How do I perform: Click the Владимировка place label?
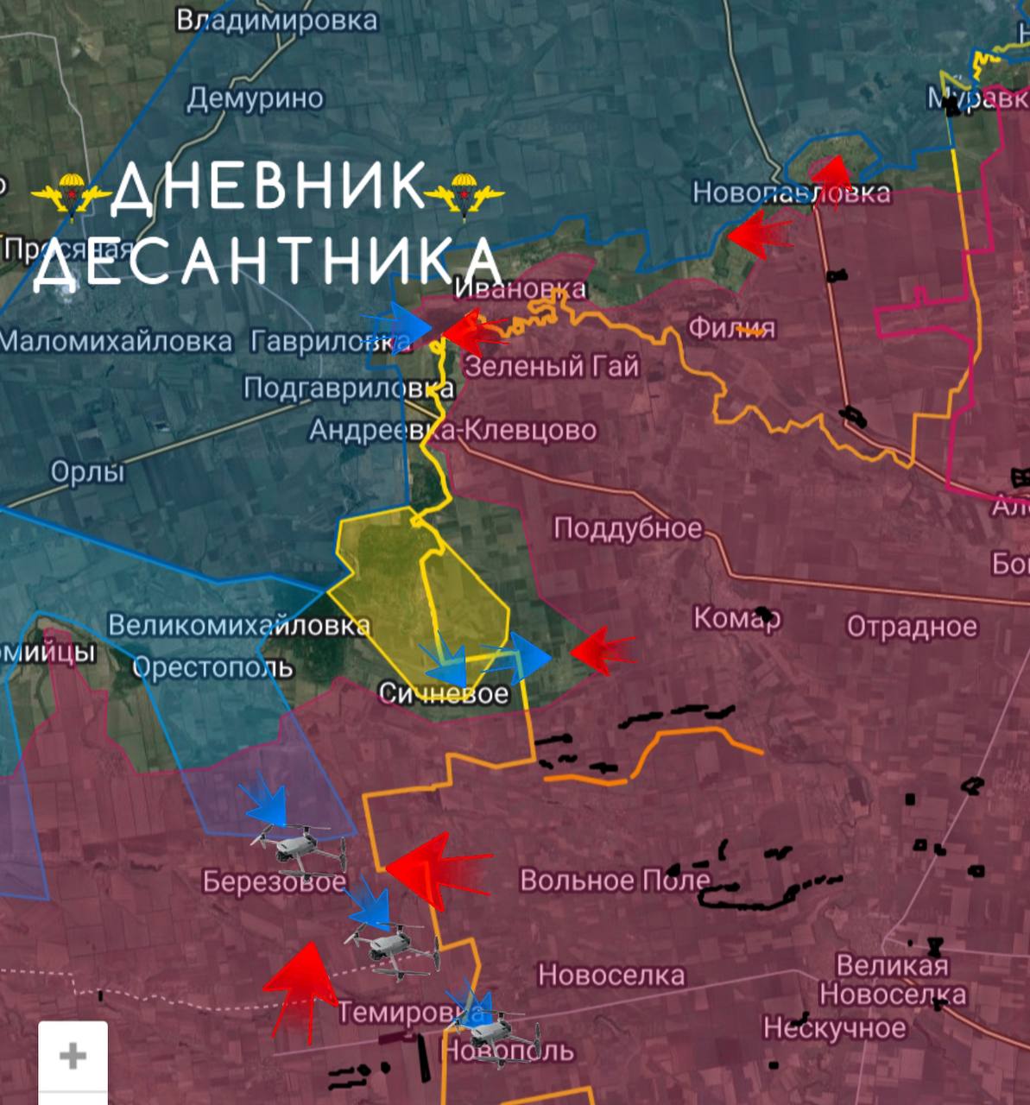(x=276, y=20)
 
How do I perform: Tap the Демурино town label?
(x=255, y=98)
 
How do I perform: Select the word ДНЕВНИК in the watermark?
(x=269, y=186)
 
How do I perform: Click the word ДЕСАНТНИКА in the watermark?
(x=268, y=260)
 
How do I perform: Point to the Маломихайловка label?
(x=116, y=341)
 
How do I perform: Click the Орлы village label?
(x=87, y=471)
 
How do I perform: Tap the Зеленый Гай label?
(x=553, y=366)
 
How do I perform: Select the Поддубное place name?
(x=628, y=527)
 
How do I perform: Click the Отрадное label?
(x=912, y=626)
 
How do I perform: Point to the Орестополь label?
(x=212, y=667)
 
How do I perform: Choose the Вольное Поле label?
(x=615, y=880)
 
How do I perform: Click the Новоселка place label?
(x=611, y=976)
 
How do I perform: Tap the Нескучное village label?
(x=834, y=1028)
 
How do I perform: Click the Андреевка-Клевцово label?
(x=452, y=429)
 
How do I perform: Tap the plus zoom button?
(x=73, y=1055)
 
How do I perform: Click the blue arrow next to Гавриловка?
(x=399, y=328)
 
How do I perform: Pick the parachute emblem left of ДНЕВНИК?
(x=70, y=192)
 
